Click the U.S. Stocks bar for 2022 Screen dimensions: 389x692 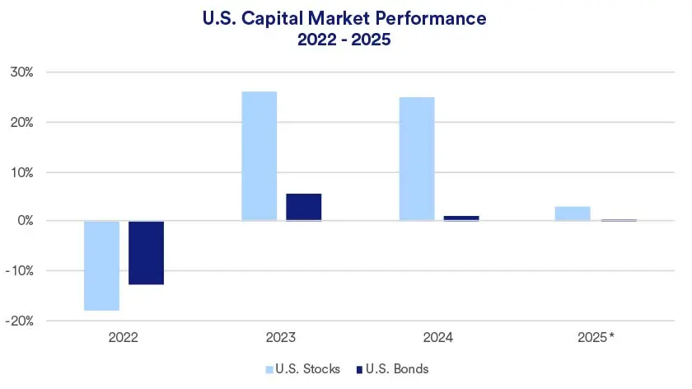click(101, 265)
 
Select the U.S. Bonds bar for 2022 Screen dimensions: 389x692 click(146, 252)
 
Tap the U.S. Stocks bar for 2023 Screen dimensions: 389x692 click(259, 156)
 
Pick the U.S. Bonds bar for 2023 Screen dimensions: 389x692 click(303, 207)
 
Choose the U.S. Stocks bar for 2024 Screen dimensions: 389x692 click(416, 158)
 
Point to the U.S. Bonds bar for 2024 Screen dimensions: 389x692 click(461, 218)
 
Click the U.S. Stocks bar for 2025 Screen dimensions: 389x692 click(573, 213)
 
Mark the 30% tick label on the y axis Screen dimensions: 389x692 click(21, 73)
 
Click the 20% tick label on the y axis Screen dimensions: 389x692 click(21, 122)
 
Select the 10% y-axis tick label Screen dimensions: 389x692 click(21, 172)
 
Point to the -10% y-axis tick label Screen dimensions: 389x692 click(19, 271)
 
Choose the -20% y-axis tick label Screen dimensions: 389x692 click(19, 321)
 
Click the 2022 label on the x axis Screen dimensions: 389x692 click(124, 338)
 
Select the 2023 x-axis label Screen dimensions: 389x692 click(281, 338)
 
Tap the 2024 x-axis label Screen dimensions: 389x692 click(438, 338)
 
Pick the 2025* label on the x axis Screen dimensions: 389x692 click(596, 338)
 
